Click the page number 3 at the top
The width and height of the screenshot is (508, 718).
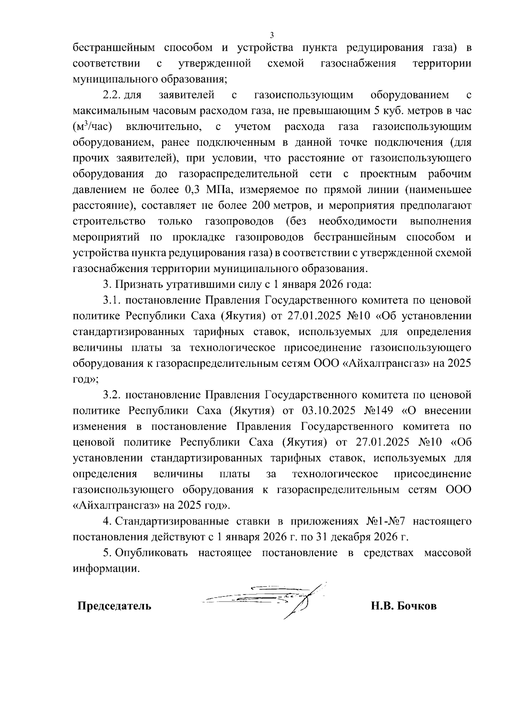272,35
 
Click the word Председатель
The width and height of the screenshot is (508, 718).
114,606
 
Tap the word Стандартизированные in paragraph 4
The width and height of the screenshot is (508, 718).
172,521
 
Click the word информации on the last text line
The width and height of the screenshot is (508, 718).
106,569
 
